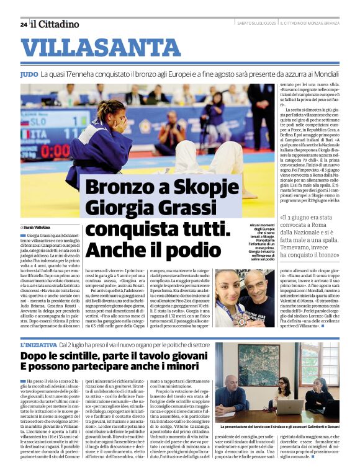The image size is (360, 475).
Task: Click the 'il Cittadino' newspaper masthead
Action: (56, 24)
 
